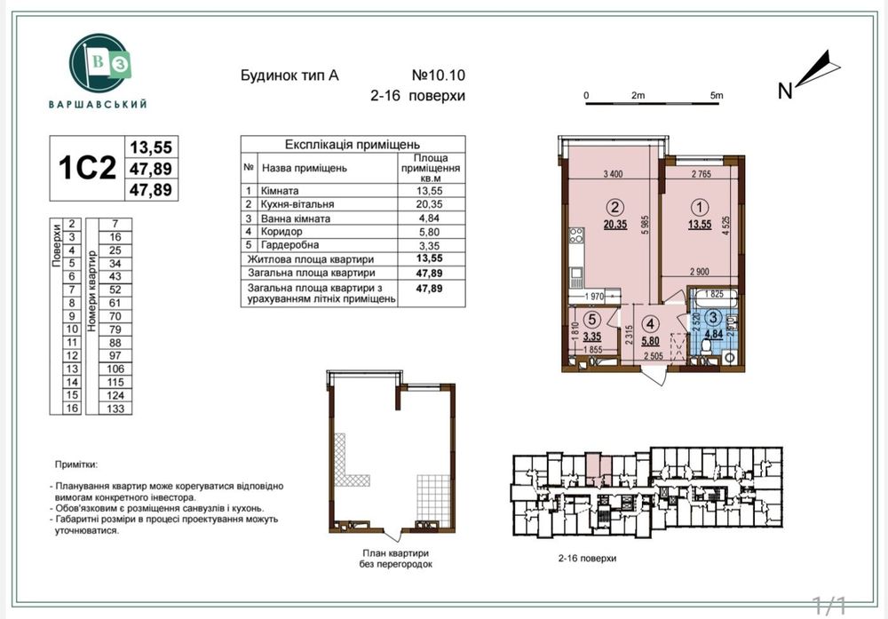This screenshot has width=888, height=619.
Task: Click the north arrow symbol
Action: [x=812, y=70]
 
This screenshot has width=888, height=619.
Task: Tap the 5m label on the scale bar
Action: [x=717, y=93]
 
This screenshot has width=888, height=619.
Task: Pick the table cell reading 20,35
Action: [x=429, y=204]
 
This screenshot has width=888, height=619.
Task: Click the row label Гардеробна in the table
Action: [x=290, y=244]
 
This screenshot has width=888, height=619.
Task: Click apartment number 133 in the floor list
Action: [x=115, y=409]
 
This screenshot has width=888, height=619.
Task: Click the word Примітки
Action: [x=76, y=464]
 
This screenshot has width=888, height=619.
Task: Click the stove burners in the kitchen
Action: [x=575, y=237]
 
